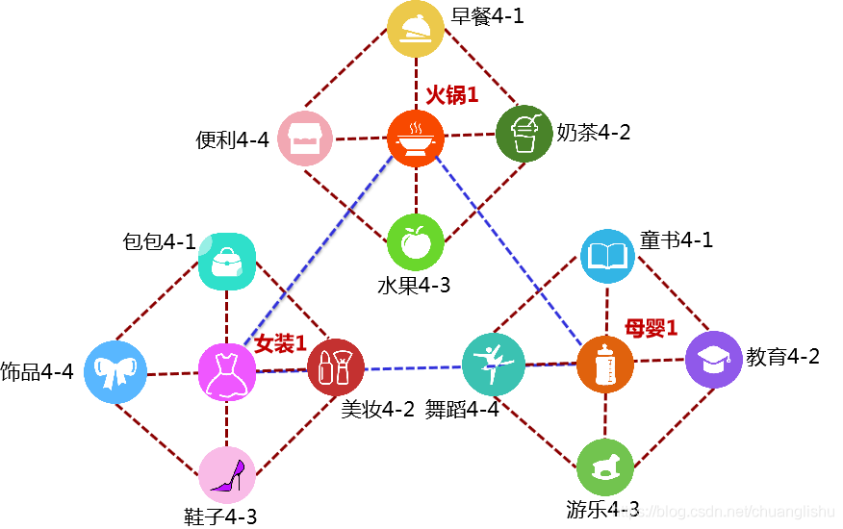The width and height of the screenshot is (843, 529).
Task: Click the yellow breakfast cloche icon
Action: coord(416,30)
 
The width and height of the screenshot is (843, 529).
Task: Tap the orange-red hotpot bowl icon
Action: coord(416,138)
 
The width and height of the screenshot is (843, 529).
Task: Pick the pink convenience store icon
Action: coord(305,139)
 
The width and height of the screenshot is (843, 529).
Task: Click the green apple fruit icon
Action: coord(416,241)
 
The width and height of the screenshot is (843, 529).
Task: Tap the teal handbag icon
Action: coord(226,262)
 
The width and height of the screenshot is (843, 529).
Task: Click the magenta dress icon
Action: coord(227,370)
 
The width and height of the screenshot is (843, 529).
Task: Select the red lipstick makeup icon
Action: coord(336,367)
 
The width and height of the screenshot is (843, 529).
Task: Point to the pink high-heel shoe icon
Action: coord(227,474)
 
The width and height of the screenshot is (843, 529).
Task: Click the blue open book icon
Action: coord(609,257)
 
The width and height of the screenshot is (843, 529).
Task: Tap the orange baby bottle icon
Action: coord(605,364)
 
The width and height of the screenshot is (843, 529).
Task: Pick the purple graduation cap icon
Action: coord(714,360)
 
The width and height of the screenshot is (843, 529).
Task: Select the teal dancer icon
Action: coord(493,364)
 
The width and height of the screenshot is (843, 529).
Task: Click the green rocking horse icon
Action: coord(605,467)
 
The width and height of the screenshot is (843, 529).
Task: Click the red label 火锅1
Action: coord(452,95)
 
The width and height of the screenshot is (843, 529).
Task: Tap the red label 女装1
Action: coord(280,343)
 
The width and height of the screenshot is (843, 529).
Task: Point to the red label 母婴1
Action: coord(651,327)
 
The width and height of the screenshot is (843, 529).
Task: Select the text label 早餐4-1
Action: coord(487,15)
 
